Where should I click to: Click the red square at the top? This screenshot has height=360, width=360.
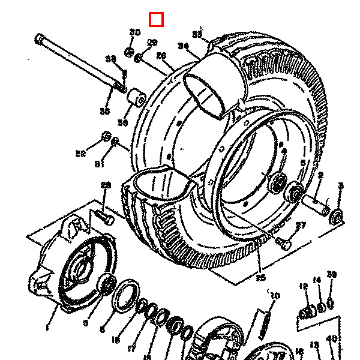pos(156,20)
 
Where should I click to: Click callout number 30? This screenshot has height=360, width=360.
pos(135,32)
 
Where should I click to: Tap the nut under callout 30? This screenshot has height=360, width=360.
pos(128,52)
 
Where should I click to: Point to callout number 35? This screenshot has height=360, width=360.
pos(105,112)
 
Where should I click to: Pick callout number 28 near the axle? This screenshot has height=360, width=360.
pos(110,59)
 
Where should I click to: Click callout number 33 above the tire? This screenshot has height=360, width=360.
pos(197,34)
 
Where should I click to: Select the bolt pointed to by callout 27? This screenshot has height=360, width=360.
pos(284,243)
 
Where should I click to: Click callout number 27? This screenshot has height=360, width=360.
pos(301,226)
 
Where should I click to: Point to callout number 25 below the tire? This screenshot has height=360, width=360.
pos(260,277)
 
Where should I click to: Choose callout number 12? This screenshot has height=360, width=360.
pos(304,286)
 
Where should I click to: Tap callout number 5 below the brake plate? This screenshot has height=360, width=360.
pos(85,323)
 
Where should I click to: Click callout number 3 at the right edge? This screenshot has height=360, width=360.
pos(341,185)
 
